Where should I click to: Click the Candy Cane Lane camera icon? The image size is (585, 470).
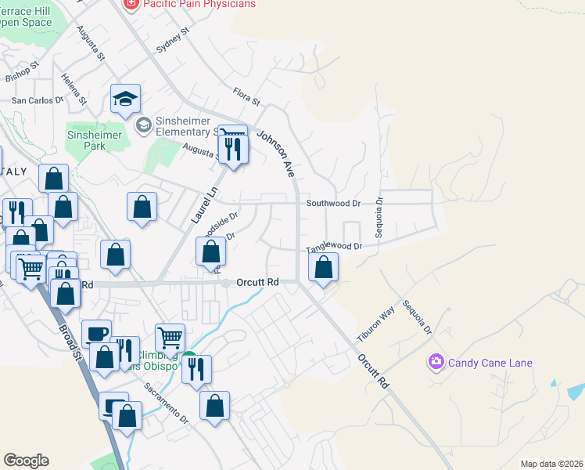436,362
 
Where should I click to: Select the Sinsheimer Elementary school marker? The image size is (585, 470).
144,125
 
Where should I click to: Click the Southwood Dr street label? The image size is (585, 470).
333,203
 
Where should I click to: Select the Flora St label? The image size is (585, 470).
246,96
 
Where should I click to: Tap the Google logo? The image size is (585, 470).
27,461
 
